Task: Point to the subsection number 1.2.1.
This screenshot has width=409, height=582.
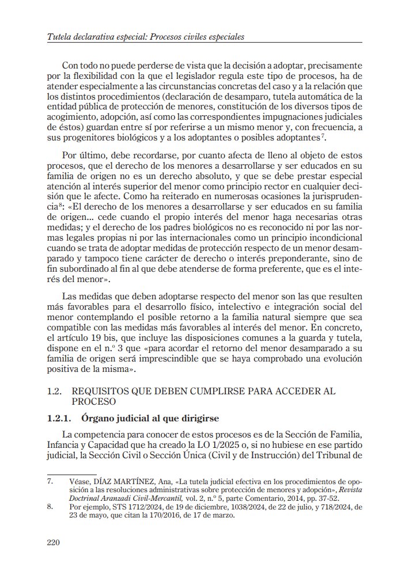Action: coord(59,417)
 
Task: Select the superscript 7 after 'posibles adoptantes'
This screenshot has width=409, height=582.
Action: coord(325,136)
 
